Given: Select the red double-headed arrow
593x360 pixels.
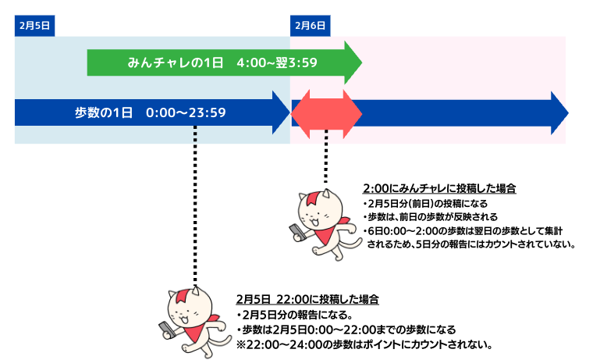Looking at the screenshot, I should pos(326,112).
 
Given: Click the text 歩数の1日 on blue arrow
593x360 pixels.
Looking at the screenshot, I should pos(104,112).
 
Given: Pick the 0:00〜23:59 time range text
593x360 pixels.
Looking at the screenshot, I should pos(186,112).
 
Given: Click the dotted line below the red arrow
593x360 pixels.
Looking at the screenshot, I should pos(326,156).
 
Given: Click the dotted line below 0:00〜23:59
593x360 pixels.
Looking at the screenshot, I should pos(195,203).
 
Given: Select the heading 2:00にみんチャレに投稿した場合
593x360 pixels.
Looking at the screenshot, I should pos(439,189).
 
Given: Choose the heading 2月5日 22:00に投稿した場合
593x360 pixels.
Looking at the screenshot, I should pos(307,299).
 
